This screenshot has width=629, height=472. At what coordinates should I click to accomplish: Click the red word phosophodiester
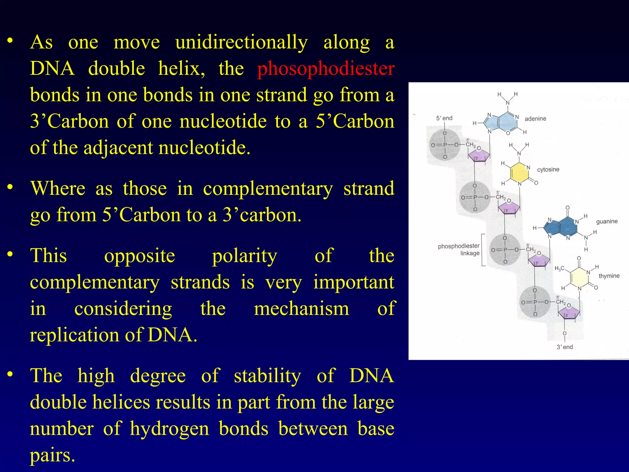326,69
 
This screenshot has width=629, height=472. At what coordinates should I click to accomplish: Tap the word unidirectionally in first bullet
241,42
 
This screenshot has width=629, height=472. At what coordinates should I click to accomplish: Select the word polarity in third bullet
244,256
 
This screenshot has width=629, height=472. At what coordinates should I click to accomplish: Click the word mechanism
301,309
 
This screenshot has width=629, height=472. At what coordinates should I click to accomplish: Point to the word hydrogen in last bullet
169,429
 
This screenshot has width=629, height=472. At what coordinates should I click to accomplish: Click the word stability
268,376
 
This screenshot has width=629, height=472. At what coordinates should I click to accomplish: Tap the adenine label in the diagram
535,119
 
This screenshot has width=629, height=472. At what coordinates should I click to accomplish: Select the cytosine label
548,170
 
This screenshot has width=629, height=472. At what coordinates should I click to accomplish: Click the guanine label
607,221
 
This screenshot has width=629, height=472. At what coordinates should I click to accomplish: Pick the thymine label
609,276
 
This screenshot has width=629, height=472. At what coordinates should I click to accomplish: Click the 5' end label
444,118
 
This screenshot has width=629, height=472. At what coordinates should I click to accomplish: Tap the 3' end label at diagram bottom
565,347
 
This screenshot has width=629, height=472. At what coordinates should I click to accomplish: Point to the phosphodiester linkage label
459,250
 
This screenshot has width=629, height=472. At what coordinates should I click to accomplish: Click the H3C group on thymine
559,269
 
